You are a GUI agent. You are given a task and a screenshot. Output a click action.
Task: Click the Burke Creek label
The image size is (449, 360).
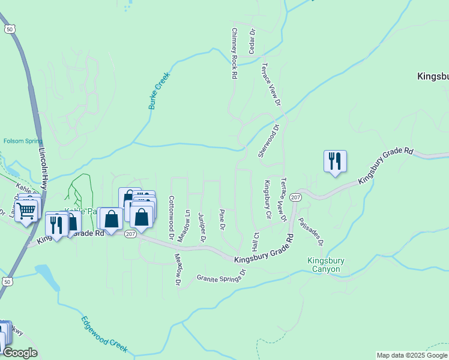159,91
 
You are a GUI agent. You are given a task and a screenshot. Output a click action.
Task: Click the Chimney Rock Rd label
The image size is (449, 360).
235,53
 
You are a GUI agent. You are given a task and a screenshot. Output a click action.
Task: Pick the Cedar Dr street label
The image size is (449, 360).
253,41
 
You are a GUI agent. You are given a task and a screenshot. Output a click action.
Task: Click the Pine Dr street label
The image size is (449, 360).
222,220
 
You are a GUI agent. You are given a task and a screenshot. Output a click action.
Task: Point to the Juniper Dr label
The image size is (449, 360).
203,227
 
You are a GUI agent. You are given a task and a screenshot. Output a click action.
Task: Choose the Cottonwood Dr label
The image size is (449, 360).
171,218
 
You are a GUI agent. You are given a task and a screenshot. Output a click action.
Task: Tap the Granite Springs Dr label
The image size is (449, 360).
221,275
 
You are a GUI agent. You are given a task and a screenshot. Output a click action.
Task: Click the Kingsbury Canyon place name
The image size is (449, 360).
324,265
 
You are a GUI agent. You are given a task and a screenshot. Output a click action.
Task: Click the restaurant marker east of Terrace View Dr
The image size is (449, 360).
335,161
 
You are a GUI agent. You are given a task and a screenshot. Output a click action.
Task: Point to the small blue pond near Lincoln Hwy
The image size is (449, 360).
47,276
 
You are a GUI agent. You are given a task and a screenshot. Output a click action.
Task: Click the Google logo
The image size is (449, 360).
19,353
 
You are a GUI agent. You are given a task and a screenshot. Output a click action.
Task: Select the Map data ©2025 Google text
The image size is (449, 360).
411,355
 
